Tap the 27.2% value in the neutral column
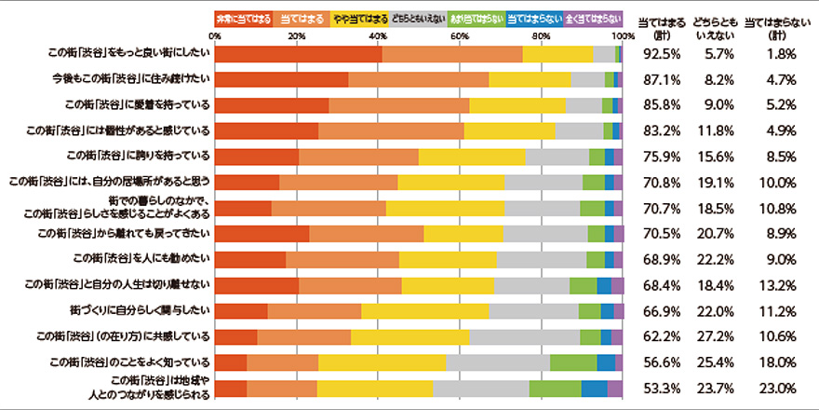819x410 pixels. coord(718,335)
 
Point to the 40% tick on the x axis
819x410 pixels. coord(378,35)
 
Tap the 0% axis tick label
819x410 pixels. coord(216,35)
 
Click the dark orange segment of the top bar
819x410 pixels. coord(299,54)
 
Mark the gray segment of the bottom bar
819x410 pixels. coord(481,387)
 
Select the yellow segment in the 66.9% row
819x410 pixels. coord(424,309)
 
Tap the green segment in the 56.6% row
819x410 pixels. coord(573,362)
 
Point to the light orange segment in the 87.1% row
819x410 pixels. coord(419,79)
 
